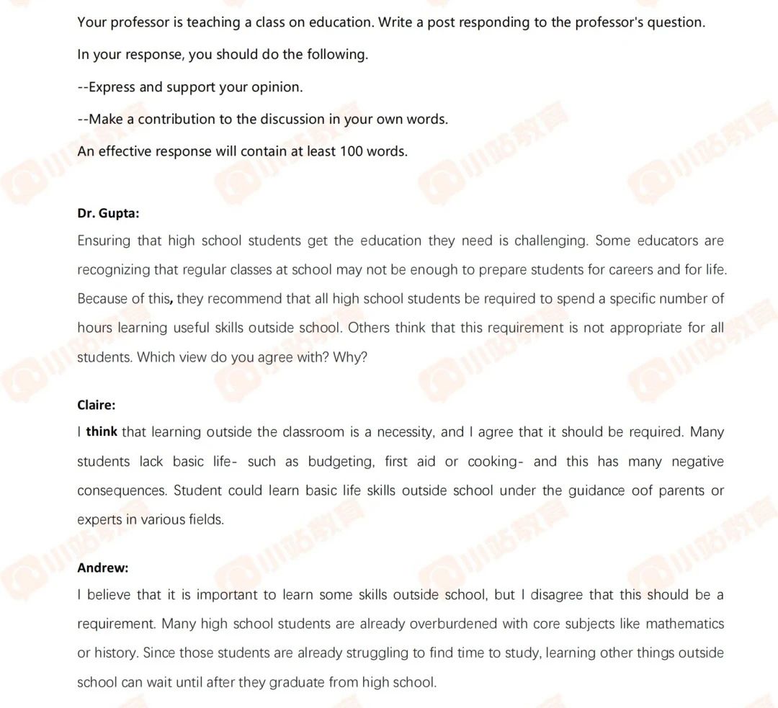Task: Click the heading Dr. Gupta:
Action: point(108,213)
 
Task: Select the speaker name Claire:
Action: point(96,405)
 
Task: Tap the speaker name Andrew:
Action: point(102,568)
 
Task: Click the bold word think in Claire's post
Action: point(102,432)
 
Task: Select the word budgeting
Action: point(341,462)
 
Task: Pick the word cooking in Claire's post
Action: point(493,462)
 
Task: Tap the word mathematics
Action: point(684,624)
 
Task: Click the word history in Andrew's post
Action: point(115,653)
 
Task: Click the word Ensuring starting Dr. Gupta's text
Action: point(104,241)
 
